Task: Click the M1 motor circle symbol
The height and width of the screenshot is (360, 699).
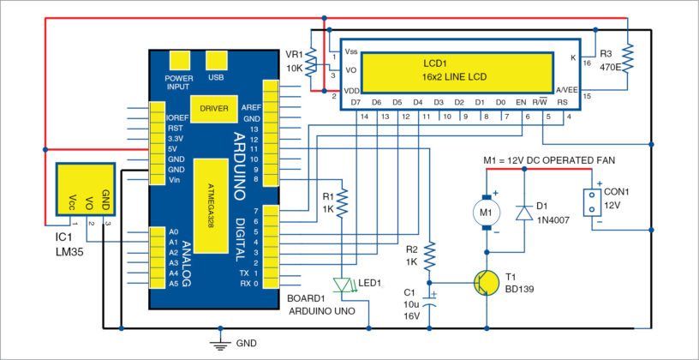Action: coord(486,211)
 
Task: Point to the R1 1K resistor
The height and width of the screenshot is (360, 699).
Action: coord(342,203)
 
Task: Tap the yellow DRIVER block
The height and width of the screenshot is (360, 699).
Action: coord(213,109)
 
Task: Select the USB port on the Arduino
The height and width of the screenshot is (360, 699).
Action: coord(218,59)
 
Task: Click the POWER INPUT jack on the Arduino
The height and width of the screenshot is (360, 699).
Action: coord(179,59)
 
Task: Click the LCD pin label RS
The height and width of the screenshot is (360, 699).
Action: coord(562,103)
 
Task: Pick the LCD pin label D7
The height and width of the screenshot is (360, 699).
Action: coord(355,103)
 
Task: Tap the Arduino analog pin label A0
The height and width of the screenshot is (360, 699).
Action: coord(173,232)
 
